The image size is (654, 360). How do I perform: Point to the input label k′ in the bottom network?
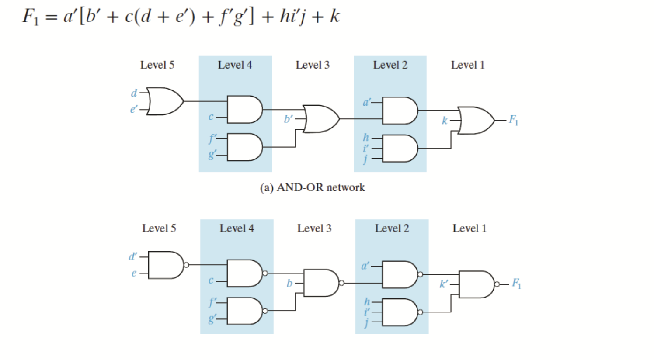pyautogui.click(x=444, y=284)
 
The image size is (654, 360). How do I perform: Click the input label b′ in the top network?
pyautogui.click(x=289, y=119)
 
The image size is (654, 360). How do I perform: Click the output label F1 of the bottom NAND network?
pyautogui.click(x=516, y=284)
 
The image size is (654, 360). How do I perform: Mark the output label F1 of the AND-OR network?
pyautogui.click(x=514, y=120)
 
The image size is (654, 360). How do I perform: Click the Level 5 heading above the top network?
pyautogui.click(x=157, y=65)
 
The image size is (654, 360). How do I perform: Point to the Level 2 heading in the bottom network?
pyautogui.click(x=392, y=228)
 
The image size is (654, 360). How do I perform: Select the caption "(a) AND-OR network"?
pyautogui.click(x=312, y=187)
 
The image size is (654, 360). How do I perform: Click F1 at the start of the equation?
pyautogui.click(x=31, y=17)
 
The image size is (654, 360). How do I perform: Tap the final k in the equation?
pyautogui.click(x=334, y=16)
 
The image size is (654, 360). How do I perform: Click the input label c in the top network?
pyautogui.click(x=211, y=117)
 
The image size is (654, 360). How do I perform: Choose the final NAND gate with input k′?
pyautogui.click(x=477, y=284)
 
